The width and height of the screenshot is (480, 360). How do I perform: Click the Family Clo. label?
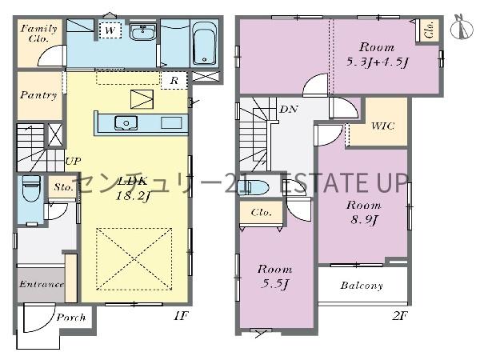pyautogui.click(x=39, y=34)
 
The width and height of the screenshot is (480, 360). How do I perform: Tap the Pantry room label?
pyautogui.click(x=38, y=95)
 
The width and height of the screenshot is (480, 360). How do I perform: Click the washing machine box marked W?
pyautogui.click(x=110, y=30)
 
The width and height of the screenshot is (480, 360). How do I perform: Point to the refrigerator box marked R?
pyautogui.click(x=174, y=81)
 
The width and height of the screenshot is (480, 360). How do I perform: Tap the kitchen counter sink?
pyautogui.click(x=126, y=123)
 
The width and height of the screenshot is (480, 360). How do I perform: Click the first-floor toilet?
pyautogui.click(x=31, y=188)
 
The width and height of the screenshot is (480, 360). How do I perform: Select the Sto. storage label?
pyautogui.click(x=63, y=187)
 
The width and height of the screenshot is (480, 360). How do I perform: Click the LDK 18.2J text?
pyautogui.click(x=133, y=188)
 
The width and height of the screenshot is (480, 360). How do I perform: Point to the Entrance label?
pyautogui.click(x=42, y=284)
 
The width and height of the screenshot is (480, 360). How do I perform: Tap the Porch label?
pyautogui.click(x=71, y=318)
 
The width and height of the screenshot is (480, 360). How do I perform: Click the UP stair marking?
pyautogui.click(x=73, y=161)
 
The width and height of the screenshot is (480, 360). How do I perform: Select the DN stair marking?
pyautogui.click(x=289, y=109)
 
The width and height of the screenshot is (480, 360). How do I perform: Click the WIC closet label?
pyautogui.click(x=382, y=126)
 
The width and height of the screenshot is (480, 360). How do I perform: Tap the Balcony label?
pyautogui.click(x=362, y=286)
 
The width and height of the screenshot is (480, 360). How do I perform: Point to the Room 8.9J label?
pyautogui.click(x=364, y=213)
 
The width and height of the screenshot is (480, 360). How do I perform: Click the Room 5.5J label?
pyautogui.click(x=274, y=277)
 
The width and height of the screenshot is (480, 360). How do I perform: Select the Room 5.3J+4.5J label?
pyautogui.click(x=377, y=55)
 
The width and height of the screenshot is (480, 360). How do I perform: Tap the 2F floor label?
pyautogui.click(x=400, y=316)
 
